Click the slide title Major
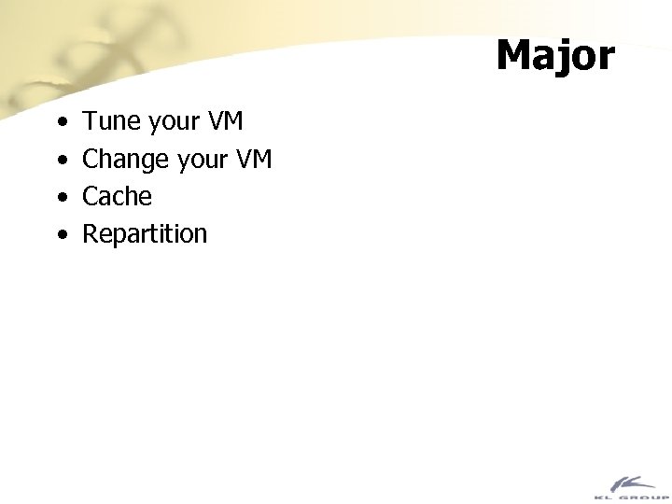point(555,55)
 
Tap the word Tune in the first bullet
point(109,122)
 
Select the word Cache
point(117,197)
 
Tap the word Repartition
point(145,234)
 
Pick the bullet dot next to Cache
point(61,198)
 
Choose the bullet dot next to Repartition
point(61,235)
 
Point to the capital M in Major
point(515,55)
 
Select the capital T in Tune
point(90,122)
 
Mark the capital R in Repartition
point(91,233)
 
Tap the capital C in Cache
point(91,197)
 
